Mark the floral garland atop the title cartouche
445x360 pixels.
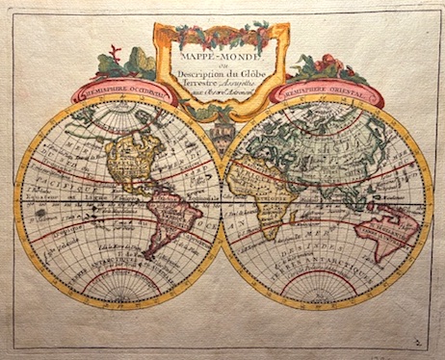click(222, 35)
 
